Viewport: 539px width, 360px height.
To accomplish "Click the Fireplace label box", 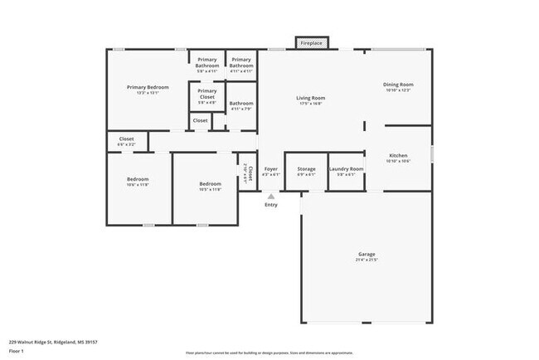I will tap(312, 42).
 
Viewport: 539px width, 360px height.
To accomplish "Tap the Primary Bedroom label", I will tap(148, 87).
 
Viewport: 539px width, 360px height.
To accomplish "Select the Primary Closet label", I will tap(207, 93).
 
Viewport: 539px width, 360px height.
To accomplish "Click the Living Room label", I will tap(309, 99).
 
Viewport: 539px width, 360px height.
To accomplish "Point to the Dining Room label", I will tap(397, 85).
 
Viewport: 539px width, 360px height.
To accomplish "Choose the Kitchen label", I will tap(399, 155).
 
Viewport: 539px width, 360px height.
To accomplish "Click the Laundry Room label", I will tap(346, 169).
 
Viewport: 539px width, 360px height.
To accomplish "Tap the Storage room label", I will tap(306, 169).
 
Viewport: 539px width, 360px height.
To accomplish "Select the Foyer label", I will tap(271, 169).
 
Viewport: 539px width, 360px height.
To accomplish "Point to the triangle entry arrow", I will tap(270, 197).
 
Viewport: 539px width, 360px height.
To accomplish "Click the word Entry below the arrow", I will tap(271, 205).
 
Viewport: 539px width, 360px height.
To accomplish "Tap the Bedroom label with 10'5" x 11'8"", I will tap(210, 183).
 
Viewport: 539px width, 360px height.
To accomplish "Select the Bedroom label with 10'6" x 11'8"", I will tap(138, 180).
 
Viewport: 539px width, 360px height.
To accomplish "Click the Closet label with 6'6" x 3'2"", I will tap(126, 139).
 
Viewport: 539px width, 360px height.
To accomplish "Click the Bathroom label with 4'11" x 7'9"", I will tap(241, 104).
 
